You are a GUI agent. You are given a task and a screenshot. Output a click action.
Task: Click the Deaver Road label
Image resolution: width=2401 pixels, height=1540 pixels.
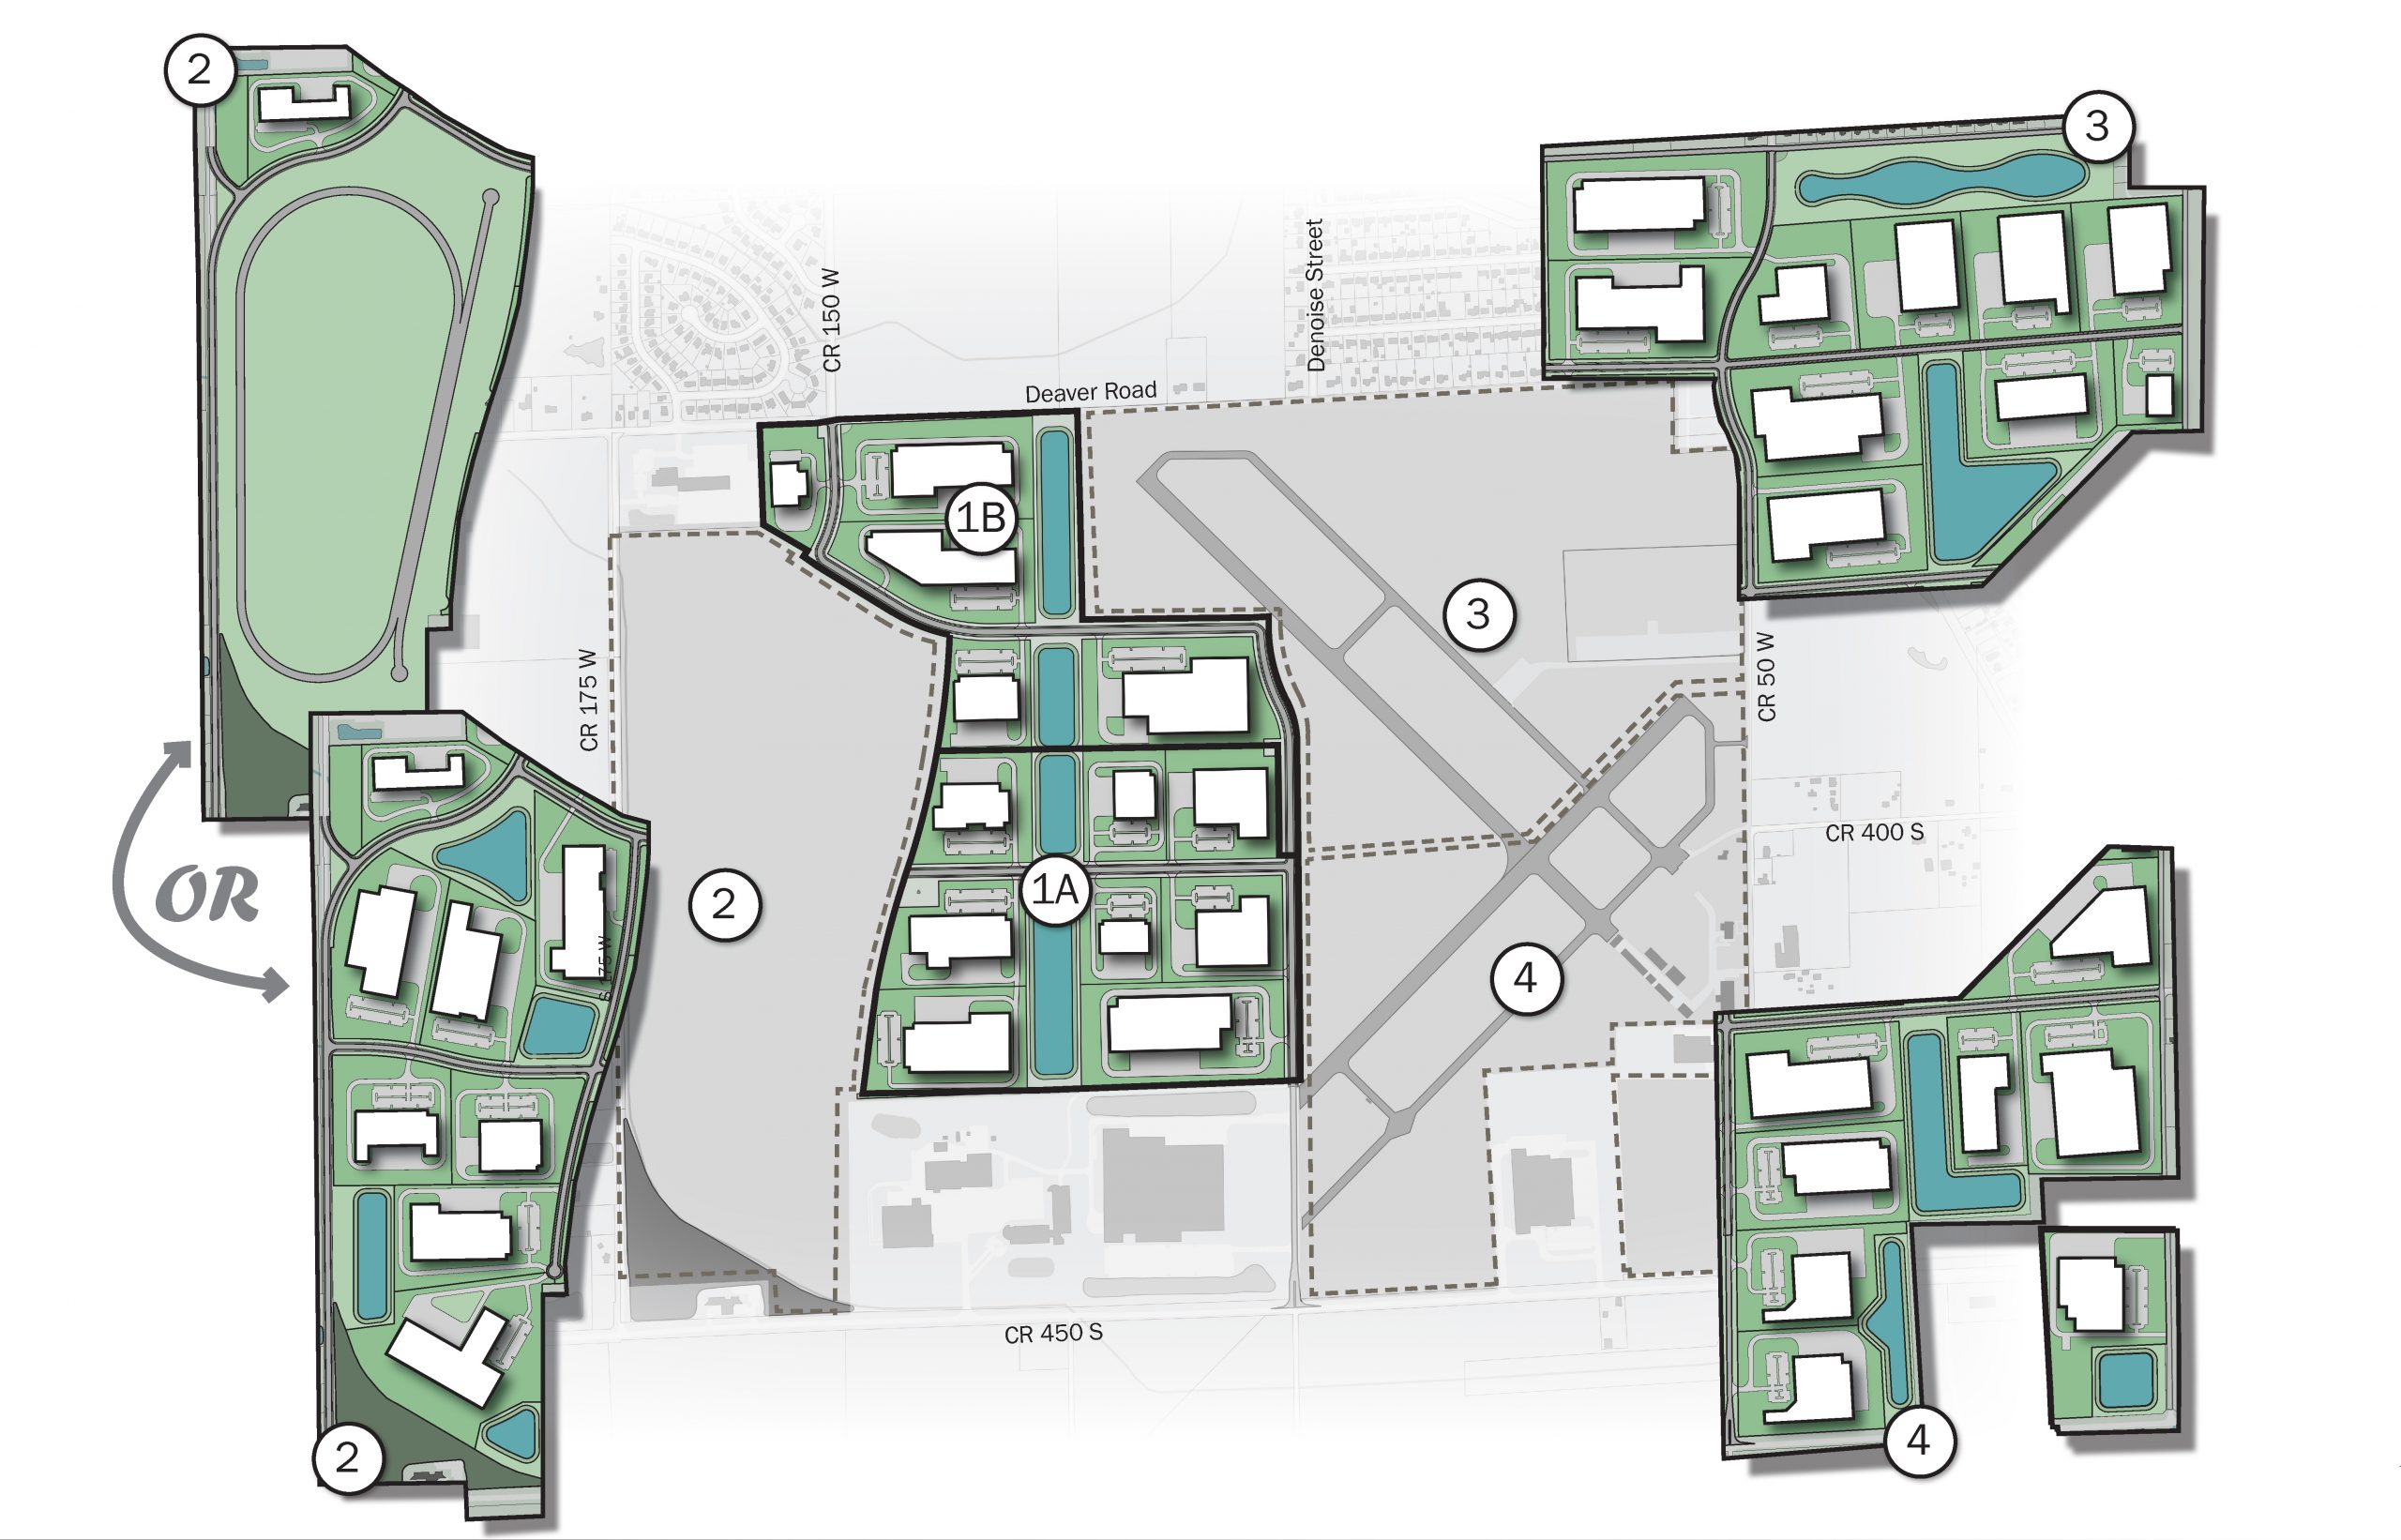(1090, 392)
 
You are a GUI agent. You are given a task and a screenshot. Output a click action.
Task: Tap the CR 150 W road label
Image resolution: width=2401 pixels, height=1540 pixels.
(831, 320)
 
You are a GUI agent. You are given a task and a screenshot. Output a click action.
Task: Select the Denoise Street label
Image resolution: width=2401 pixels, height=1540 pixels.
(1315, 295)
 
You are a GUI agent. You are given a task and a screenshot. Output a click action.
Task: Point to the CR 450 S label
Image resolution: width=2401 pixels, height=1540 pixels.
(1053, 1333)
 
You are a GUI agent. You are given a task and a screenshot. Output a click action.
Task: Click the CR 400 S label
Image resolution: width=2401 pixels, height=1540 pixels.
(1874, 832)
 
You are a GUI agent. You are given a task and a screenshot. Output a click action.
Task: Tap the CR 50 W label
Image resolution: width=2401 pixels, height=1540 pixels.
(1766, 676)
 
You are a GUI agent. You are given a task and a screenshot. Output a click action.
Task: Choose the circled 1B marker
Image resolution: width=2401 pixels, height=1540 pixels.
(981, 518)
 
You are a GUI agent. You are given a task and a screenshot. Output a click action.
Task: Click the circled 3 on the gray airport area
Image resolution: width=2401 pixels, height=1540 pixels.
(1479, 614)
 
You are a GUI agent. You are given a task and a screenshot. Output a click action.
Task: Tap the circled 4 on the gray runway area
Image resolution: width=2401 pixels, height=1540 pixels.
(1525, 977)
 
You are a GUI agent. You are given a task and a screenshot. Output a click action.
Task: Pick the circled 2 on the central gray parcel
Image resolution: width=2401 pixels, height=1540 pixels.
(724, 905)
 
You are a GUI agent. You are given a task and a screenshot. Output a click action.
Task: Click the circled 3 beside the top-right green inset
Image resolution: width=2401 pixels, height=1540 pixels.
(2097, 126)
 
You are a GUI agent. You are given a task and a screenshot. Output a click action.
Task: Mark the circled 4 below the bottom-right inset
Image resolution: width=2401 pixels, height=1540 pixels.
(1918, 1440)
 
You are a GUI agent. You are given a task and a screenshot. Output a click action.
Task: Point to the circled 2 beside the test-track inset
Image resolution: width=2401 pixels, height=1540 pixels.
(199, 69)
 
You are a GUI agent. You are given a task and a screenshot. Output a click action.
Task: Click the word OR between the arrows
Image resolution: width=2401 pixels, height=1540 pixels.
(208, 895)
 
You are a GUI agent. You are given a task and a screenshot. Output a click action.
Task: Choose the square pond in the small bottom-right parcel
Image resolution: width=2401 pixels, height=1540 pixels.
(2125, 1380)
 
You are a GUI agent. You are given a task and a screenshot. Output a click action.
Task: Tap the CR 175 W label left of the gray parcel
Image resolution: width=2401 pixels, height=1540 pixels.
(588, 700)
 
